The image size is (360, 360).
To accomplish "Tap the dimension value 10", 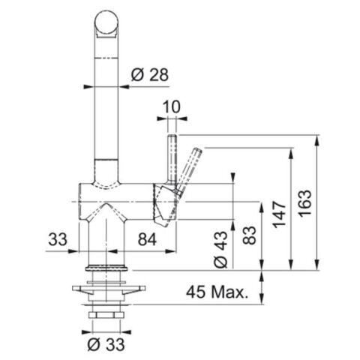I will (x=172, y=108).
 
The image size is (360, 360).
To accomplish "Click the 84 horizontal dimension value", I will (x=147, y=240).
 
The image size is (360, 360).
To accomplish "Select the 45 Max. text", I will (x=218, y=292).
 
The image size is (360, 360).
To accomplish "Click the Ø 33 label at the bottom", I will (x=105, y=346).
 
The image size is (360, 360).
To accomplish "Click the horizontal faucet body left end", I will (x=80, y=201).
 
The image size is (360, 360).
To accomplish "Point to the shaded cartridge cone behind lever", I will (x=162, y=202).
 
